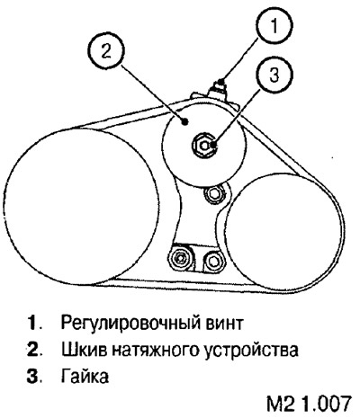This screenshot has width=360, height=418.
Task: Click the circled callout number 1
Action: coord(274,25)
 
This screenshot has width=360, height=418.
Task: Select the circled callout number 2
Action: coord(105,52)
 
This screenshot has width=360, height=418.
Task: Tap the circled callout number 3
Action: coord(274,76)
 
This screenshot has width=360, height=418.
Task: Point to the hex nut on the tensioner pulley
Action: coord(205,146)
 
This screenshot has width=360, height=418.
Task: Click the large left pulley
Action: coord(80,206)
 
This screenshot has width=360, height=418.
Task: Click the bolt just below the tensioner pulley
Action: coord(213,194)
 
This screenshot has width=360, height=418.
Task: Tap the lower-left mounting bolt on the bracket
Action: coord(180,257)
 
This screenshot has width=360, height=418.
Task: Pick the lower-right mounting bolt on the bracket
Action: coord(212,261)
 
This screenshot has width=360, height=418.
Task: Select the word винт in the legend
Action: coord(224,323)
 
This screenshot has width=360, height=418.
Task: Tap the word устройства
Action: coord(251,351)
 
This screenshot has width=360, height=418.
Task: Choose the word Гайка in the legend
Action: coord(85,376)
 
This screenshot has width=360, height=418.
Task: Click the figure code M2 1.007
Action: coord(309,404)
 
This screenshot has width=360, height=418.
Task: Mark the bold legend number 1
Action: coord(33,323)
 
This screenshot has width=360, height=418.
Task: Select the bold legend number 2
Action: coord(33,350)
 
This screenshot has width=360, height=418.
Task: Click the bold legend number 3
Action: coord(33,376)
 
